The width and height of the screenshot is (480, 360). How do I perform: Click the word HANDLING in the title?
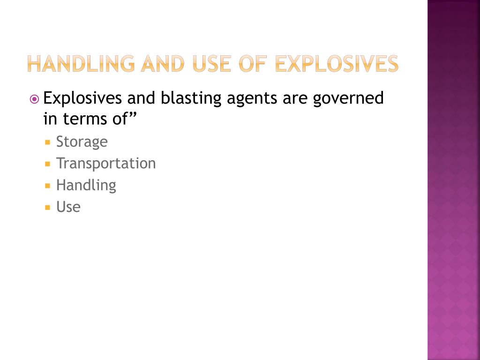click(81, 64)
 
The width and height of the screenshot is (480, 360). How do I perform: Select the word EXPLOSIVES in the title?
click(337, 64)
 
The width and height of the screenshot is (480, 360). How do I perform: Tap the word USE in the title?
click(212, 64)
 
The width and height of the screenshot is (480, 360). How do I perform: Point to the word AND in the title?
click(163, 64)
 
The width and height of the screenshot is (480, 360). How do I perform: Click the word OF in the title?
click(253, 64)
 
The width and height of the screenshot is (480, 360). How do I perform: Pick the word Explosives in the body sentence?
click(82, 98)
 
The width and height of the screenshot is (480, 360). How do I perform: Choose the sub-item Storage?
click(82, 142)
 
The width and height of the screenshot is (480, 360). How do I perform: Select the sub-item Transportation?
click(106, 163)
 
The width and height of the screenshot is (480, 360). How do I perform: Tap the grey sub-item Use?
click(68, 207)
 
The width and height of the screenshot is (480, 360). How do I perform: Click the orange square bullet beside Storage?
click(47, 142)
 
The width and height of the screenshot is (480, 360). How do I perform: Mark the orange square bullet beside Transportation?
click(47, 164)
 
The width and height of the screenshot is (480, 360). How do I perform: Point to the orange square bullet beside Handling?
click(47, 186)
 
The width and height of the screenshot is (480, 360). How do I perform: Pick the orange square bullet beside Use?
click(47, 208)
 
